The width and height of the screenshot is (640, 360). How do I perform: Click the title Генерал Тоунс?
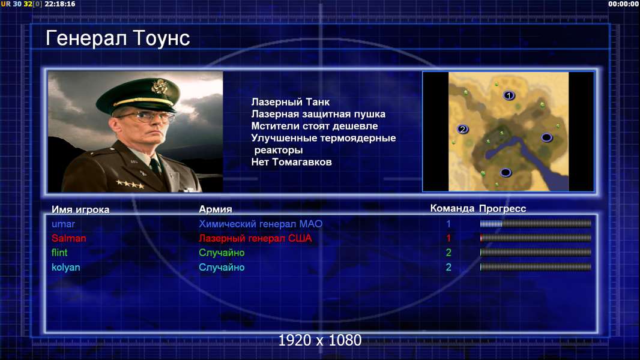118,39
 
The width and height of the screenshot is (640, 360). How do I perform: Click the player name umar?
63,224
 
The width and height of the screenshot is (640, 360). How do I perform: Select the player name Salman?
68,238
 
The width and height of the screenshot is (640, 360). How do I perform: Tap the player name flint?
59,253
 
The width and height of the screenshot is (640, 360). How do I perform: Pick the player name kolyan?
65,268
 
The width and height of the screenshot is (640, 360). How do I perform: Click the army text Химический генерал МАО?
261,224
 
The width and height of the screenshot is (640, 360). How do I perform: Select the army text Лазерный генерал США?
255,238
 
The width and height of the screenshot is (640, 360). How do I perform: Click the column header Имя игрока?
80,209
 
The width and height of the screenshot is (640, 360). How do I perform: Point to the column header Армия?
216,209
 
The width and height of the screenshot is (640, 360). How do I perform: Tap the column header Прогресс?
503,209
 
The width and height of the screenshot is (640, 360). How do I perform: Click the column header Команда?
452,208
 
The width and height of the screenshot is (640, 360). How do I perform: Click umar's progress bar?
536,223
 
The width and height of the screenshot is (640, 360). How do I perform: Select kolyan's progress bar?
536,267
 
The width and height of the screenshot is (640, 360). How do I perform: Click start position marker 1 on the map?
509,95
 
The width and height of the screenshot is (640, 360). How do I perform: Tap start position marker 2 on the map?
462,129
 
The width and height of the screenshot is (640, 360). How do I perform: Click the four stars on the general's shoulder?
130,184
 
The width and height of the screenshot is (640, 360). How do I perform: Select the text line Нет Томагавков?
291,162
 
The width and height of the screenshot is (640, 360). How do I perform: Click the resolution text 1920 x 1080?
320,340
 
